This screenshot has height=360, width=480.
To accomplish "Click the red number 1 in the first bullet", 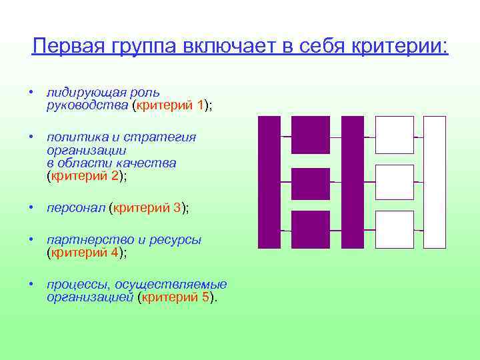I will point(201,105).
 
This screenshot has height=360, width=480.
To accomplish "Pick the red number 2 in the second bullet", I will point(115,177).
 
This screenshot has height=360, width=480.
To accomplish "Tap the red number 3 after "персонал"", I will point(177,208).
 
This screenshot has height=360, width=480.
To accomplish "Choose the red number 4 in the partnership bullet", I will point(115,253).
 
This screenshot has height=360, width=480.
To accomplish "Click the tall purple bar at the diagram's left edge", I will point(269,182).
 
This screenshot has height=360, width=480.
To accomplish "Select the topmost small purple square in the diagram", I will point(311,135).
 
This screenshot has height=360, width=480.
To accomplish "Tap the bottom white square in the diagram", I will point(395,229).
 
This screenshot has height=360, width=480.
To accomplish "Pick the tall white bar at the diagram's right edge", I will point(435,182).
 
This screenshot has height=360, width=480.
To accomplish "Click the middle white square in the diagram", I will point(395,182).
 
